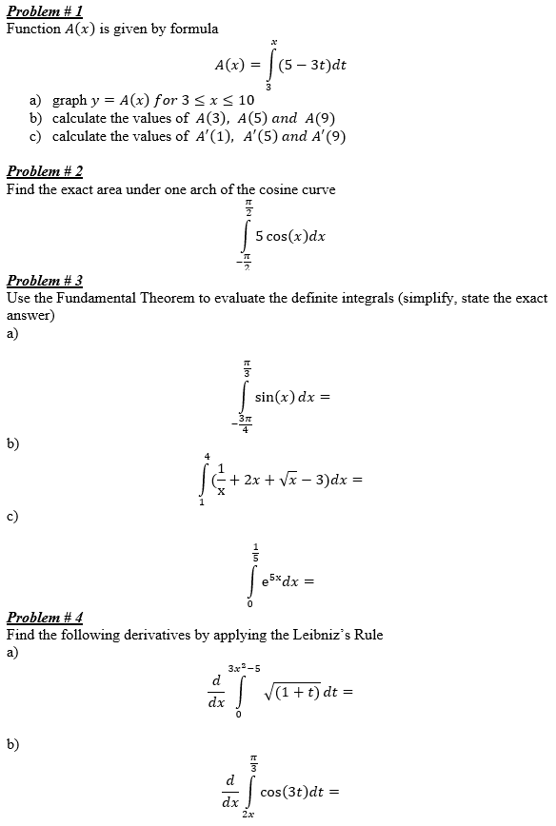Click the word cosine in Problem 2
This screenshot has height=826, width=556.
pos(266,189)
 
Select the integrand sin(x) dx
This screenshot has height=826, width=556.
pos(285,398)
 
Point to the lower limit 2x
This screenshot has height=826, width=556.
pos(248,816)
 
